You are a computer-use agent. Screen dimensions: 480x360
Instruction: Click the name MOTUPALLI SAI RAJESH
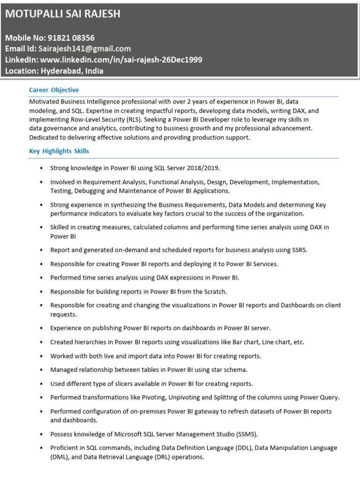pyautogui.click(x=63, y=14)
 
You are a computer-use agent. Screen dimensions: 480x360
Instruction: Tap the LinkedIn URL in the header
pyautogui.click(x=121, y=60)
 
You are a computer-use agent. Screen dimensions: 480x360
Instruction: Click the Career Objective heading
pyautogui.click(x=54, y=90)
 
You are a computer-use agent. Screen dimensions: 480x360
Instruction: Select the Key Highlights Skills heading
pyautogui.click(x=59, y=151)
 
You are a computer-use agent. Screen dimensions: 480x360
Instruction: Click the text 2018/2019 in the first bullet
pyautogui.click(x=202, y=168)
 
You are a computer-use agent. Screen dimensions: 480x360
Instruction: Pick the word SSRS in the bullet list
pyautogui.click(x=298, y=250)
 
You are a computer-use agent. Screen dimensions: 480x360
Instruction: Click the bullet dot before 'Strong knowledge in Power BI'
pyautogui.click(x=42, y=168)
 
